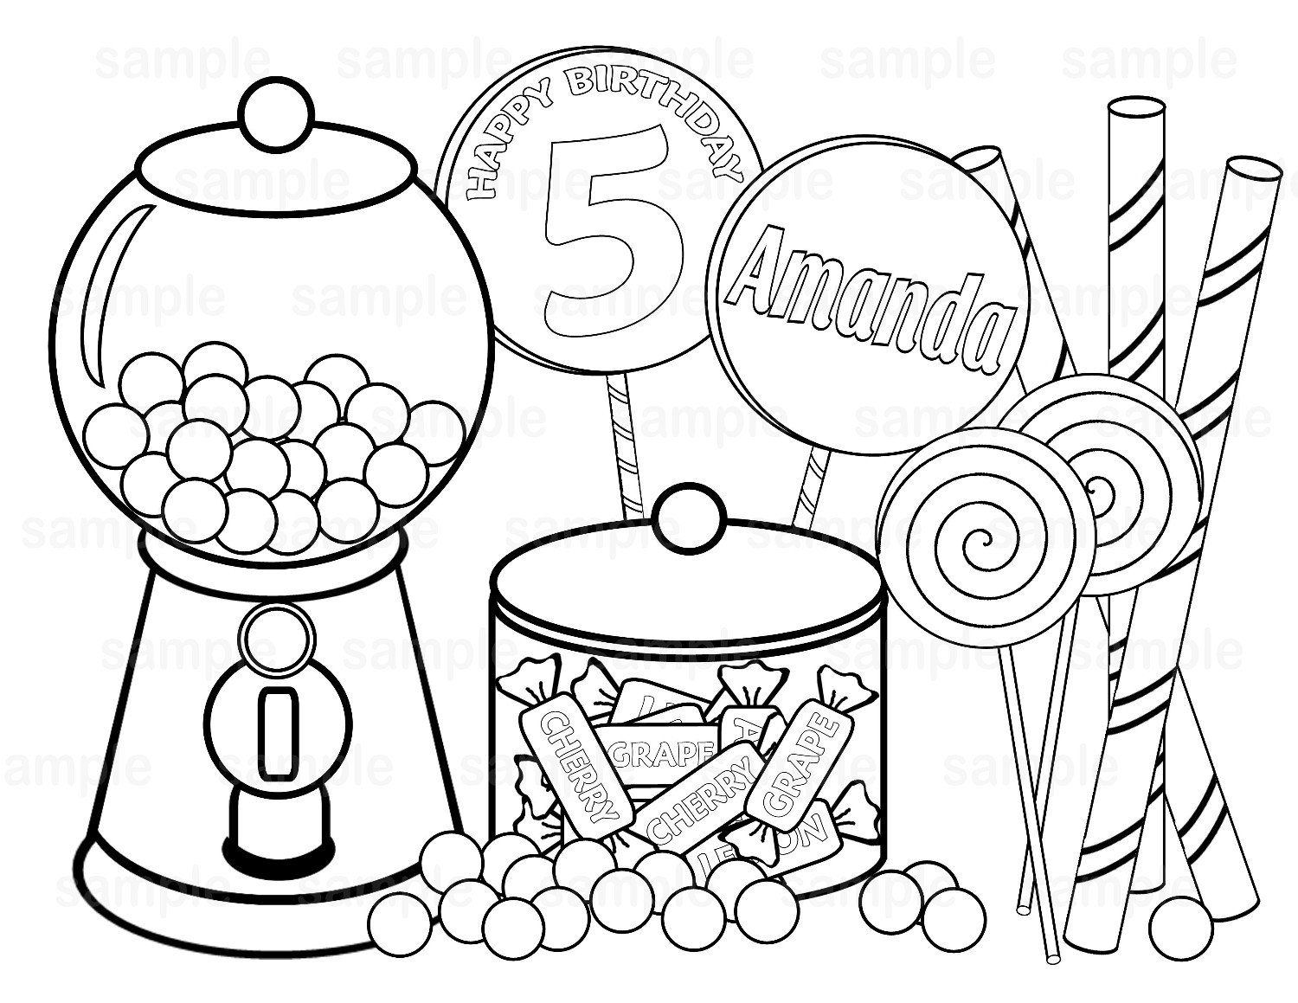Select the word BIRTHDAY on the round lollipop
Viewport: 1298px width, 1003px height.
tap(658, 108)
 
